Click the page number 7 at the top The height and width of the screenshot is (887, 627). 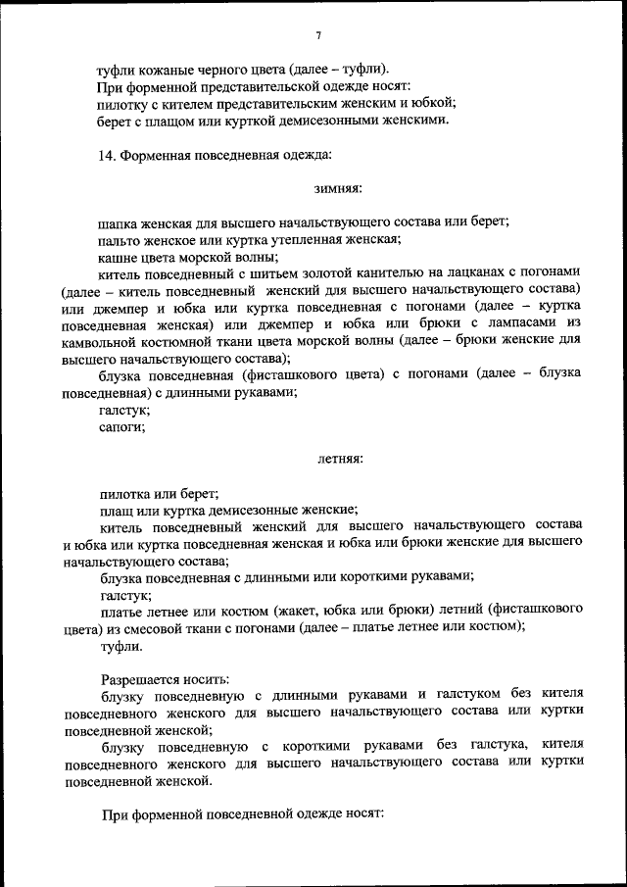point(318,36)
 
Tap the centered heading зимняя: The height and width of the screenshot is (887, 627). point(339,187)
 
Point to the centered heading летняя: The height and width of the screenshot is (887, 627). point(340,459)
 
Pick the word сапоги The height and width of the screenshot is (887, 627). point(122,426)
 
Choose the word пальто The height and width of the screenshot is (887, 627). point(121,238)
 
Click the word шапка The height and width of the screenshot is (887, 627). point(120,222)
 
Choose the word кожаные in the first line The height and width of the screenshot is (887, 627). point(165,70)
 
